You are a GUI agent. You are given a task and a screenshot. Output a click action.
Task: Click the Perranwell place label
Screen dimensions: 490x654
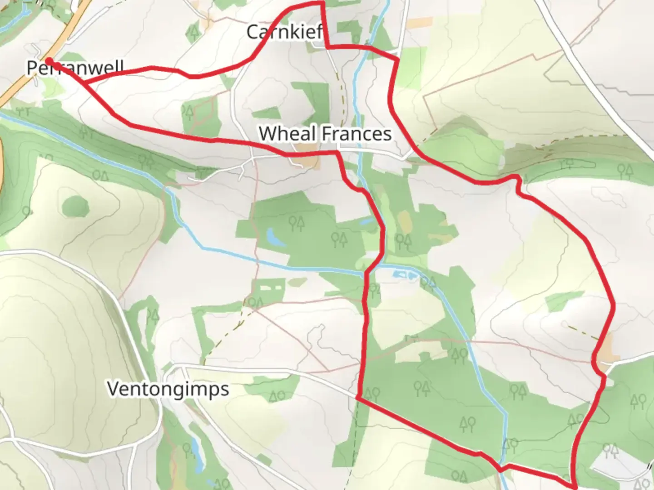tap(75, 68)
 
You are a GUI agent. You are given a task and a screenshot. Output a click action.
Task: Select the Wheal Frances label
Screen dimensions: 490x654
tap(325, 133)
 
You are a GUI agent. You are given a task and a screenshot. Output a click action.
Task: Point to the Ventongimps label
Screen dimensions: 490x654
tap(168, 389)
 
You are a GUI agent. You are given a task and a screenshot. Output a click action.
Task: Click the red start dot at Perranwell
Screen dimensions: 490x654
tap(48, 60)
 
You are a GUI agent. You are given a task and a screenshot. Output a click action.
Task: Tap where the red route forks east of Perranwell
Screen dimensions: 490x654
tap(84, 83)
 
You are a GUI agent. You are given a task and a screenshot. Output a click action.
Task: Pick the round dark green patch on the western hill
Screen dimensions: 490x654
tap(74, 206)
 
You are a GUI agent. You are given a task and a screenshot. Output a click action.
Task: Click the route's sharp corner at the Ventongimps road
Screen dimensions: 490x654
tap(359, 397)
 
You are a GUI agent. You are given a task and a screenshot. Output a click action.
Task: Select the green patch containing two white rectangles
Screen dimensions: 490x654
tap(268, 289)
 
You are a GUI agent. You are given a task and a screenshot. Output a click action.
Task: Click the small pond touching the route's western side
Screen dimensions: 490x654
tap(366, 222)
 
